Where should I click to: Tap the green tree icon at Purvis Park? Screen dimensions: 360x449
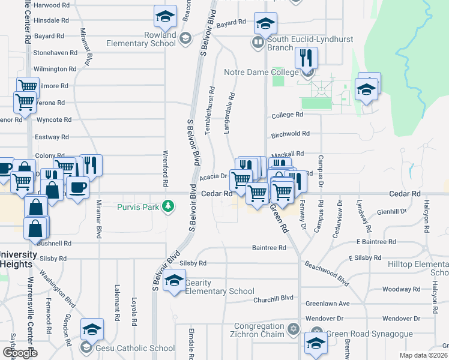tap(169, 206)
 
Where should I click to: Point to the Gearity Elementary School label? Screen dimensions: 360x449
tap(220, 287)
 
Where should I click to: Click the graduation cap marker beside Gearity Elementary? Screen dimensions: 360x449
tap(174, 281)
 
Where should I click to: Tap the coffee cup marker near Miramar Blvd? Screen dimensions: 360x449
tap(77, 187)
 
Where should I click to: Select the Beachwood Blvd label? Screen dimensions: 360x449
tap(327, 273)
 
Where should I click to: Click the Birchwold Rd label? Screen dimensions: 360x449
tap(290, 134)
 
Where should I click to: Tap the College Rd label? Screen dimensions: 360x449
tap(287, 115)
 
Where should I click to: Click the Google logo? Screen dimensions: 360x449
tap(20, 352)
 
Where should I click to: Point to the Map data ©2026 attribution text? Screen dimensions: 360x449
tap(423, 355)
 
